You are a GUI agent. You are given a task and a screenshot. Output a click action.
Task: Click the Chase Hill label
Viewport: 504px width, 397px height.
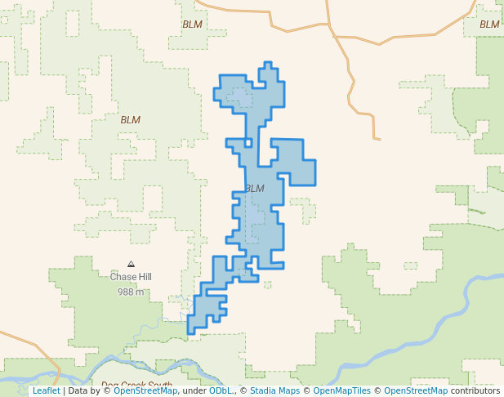131,277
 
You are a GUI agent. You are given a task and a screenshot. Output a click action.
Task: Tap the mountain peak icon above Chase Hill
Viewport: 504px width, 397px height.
131,264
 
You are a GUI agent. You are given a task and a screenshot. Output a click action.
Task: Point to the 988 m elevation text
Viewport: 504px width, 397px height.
131,292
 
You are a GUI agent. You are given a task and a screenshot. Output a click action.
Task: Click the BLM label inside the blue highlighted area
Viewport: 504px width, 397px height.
255,189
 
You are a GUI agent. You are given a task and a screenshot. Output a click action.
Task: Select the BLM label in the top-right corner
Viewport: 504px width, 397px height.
489,25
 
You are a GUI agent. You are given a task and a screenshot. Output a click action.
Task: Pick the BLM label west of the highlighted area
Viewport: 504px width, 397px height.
130,120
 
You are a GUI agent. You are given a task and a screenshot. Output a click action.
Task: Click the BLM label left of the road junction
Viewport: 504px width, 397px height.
192,25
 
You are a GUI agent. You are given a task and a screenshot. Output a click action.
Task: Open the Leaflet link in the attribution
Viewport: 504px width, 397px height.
46,390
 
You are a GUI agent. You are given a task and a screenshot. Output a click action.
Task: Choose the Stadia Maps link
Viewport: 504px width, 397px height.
274,390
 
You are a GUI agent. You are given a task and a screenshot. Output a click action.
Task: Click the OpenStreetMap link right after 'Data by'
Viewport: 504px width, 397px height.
145,390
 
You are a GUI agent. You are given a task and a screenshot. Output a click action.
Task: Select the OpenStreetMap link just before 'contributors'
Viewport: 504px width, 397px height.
416,390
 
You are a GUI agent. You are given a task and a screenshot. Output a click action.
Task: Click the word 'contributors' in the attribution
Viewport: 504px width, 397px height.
475,390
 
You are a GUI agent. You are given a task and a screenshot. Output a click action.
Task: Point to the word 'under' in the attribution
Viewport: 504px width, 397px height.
194,390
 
